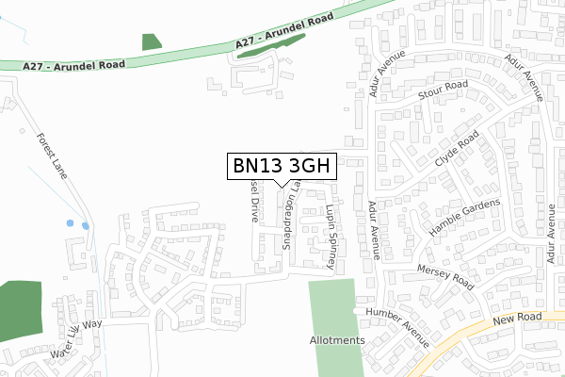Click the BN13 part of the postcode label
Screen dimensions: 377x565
(x=257, y=166)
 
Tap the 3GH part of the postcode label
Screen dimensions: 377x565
(x=308, y=166)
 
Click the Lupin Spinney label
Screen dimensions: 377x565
(x=330, y=238)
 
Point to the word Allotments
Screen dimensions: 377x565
(x=336, y=340)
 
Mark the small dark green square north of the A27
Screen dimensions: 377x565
(x=151, y=41)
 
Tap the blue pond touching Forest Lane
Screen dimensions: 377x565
(x=86, y=225)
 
